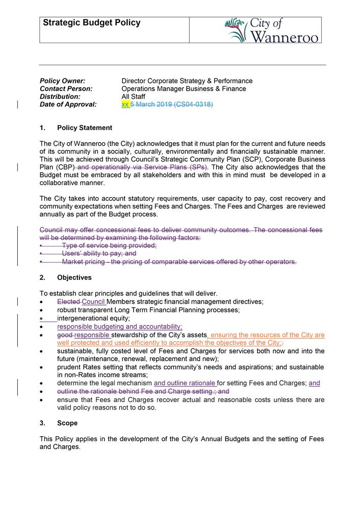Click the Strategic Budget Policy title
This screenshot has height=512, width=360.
click(x=91, y=23)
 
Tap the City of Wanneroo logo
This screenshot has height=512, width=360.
click(x=273, y=30)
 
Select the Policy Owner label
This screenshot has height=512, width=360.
click(x=62, y=81)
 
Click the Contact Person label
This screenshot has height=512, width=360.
click(x=66, y=89)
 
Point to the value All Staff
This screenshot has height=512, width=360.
click(x=133, y=97)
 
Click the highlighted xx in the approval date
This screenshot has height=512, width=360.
click(x=125, y=104)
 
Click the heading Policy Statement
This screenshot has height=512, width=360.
click(x=85, y=128)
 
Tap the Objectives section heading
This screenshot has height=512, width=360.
click(x=74, y=278)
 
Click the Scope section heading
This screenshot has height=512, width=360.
click(x=67, y=423)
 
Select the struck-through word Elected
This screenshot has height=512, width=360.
click(x=68, y=302)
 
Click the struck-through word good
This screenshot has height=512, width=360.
click(x=65, y=335)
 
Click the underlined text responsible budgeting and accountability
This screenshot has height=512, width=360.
click(x=119, y=327)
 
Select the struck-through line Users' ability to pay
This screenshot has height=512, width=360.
click(x=99, y=253)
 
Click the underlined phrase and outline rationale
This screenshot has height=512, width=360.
click(x=185, y=383)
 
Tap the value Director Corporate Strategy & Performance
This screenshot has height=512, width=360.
click(x=187, y=81)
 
